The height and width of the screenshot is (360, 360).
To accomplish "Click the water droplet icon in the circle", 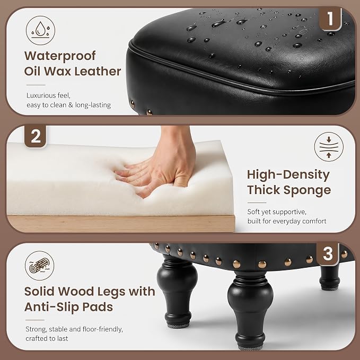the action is pyautogui.click(x=40, y=30).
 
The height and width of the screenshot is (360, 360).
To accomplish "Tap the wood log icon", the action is pyautogui.click(x=39, y=266).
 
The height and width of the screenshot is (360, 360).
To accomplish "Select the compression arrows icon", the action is pyautogui.click(x=329, y=146).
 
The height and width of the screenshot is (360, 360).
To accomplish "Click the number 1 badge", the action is pyautogui.click(x=330, y=19).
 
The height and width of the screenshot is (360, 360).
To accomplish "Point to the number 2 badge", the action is pyautogui.click(x=36, y=136).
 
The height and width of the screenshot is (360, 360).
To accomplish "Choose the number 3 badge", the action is pyautogui.click(x=328, y=254).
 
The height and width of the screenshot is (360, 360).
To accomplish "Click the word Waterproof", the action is pyautogui.click(x=60, y=56).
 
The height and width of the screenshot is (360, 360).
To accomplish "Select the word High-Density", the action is pyautogui.click(x=288, y=175).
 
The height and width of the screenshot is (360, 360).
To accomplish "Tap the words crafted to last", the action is pyautogui.click(x=47, y=338).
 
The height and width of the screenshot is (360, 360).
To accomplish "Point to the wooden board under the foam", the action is pyautogui.click(x=121, y=224).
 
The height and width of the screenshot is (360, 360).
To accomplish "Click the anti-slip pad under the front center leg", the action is pyautogui.click(x=250, y=348).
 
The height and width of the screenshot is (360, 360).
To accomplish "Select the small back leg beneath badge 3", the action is pyautogui.click(x=330, y=278).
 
